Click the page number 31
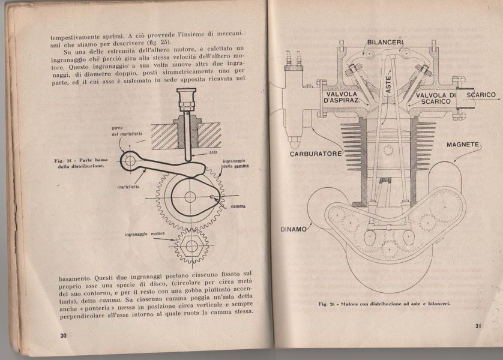478,326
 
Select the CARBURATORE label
317,154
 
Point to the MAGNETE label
462,145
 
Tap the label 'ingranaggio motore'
145,232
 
